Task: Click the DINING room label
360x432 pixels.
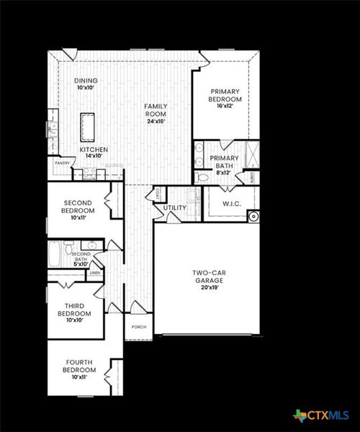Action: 86,81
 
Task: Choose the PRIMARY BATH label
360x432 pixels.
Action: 222,162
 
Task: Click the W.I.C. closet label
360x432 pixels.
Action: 232,204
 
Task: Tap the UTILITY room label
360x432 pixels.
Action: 175,208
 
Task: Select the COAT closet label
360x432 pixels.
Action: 158,193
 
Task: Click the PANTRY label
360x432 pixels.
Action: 61,163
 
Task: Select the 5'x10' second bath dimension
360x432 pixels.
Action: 81,264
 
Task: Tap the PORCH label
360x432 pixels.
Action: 139,327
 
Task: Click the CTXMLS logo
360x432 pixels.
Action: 321,415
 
